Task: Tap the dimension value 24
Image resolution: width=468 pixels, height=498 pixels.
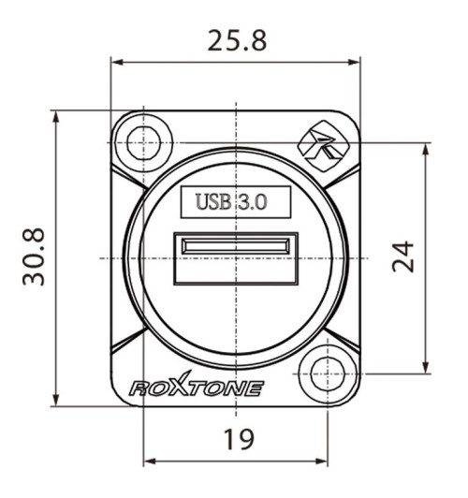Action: [x=402, y=257]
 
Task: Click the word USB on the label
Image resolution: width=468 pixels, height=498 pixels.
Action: [x=212, y=201]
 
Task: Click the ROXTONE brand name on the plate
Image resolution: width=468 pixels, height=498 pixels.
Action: [x=196, y=388]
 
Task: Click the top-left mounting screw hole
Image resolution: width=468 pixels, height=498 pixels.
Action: [x=142, y=141]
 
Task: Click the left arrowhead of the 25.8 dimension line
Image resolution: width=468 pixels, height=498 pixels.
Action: [x=116, y=64]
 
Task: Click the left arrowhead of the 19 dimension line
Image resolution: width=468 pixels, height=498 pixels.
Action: [x=148, y=461]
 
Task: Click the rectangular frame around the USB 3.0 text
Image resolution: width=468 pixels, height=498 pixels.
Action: [x=235, y=187]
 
